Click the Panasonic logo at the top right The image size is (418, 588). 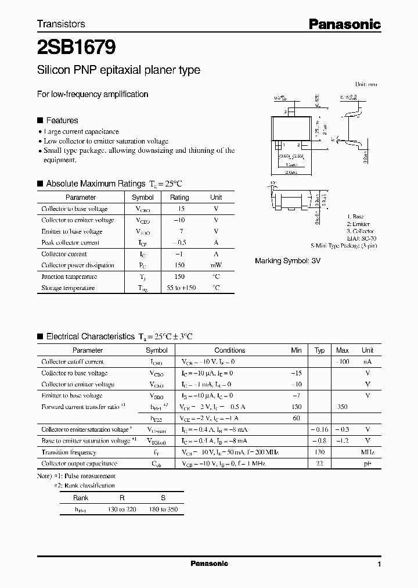(344, 24)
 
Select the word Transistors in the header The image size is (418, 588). (61, 24)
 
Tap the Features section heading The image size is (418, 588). (62, 120)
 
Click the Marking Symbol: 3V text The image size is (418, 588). (287, 261)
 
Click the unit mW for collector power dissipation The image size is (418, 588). (215, 266)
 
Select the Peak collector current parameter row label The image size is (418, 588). (70, 243)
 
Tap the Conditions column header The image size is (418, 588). (230, 350)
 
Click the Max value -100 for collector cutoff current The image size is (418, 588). (343, 362)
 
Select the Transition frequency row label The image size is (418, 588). (69, 453)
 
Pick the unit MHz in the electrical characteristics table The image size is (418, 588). (367, 453)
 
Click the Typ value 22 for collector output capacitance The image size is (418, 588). (319, 464)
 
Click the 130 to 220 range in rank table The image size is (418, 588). (122, 510)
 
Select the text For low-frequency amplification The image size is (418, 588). (92, 94)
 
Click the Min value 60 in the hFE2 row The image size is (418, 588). (297, 418)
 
